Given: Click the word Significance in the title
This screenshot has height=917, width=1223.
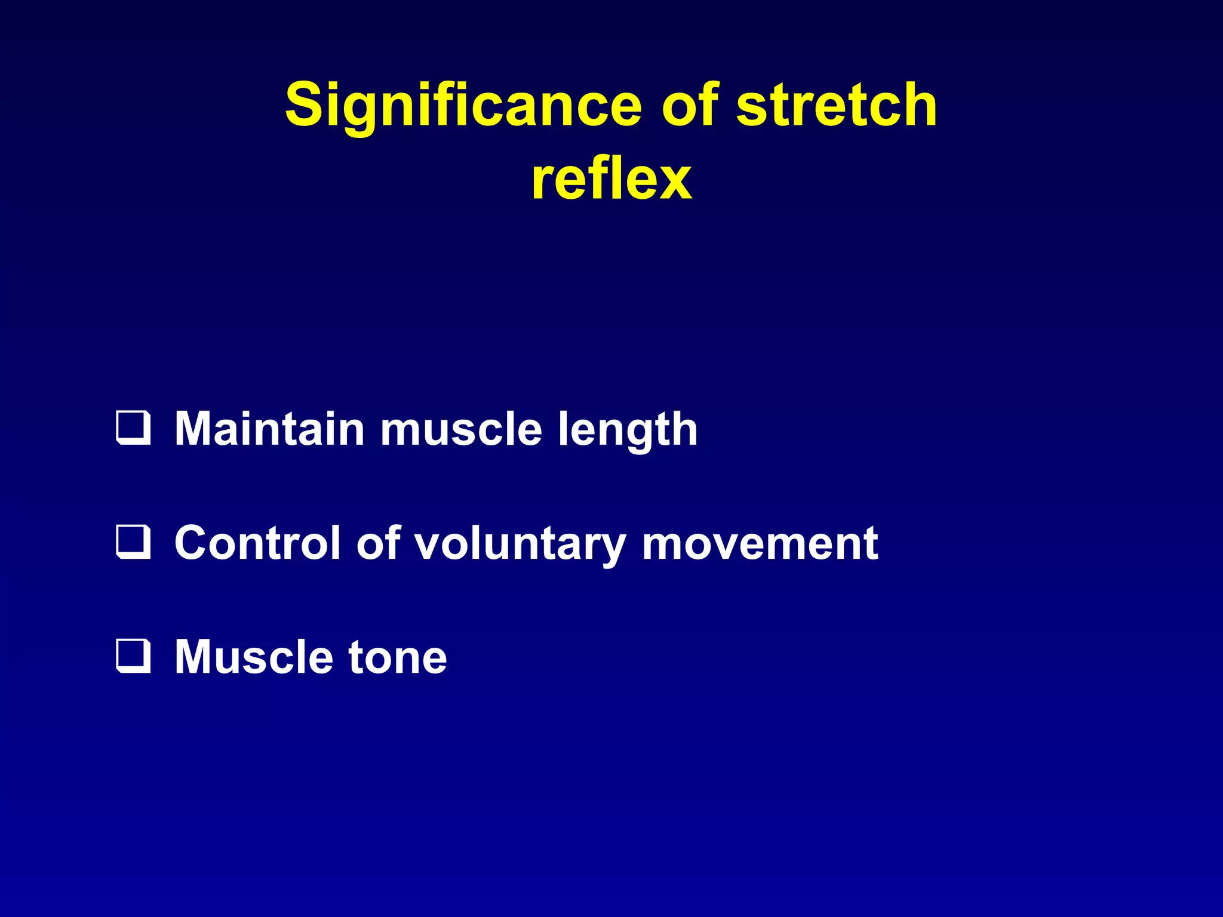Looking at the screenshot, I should [x=463, y=106].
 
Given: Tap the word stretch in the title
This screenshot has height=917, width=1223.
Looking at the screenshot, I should [x=836, y=106].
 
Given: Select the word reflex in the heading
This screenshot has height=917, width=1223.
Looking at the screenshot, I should [x=611, y=179].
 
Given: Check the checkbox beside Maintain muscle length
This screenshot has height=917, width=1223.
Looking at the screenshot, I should [x=133, y=428].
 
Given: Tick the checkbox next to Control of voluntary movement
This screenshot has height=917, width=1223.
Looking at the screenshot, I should [x=133, y=542].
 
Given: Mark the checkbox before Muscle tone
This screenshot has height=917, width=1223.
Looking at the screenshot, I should [x=133, y=656].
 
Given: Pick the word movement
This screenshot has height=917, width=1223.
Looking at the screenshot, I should [x=760, y=543].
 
